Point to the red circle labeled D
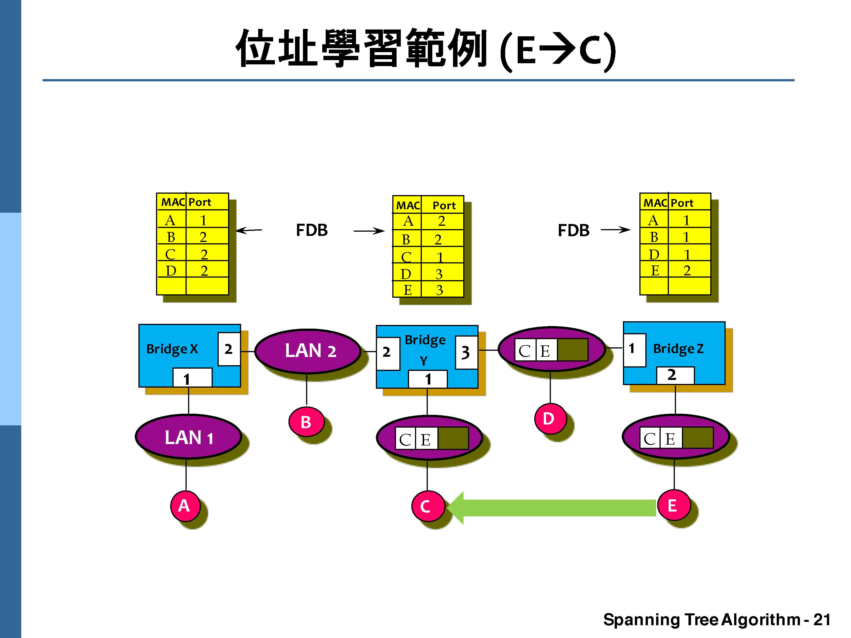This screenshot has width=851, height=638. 549,419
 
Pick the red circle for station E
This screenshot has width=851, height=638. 673,505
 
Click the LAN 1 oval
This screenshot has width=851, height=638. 189,437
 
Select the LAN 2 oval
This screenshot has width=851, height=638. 308,351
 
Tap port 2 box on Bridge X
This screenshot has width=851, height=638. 229,349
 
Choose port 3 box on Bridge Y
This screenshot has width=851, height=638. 466,352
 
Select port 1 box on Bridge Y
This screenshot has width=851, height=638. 427,379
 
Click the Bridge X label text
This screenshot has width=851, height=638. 172,349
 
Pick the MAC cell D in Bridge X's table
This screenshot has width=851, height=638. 171,271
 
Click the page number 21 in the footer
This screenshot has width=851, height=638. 822,620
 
